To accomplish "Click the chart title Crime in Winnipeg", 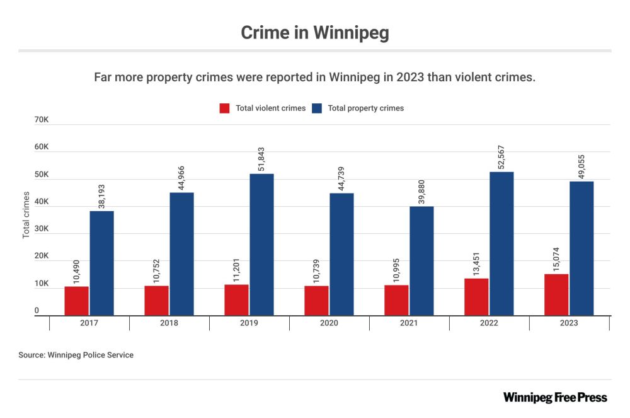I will [x=314, y=33].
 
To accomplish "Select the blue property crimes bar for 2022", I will [x=501, y=243].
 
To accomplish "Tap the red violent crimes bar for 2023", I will [x=556, y=294].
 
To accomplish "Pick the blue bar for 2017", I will [x=101, y=263].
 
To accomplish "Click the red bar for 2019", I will [x=236, y=299].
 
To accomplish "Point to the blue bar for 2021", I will [x=421, y=260].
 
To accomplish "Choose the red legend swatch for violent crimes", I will [x=225, y=108].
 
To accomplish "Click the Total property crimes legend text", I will [x=366, y=108].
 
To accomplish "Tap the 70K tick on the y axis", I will [x=42, y=120].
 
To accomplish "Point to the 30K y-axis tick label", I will [x=42, y=229].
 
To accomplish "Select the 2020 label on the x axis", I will [x=329, y=323].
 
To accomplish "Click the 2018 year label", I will [x=169, y=323].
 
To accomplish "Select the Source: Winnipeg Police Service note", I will [x=76, y=355].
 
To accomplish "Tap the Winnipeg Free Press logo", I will [x=555, y=397].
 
